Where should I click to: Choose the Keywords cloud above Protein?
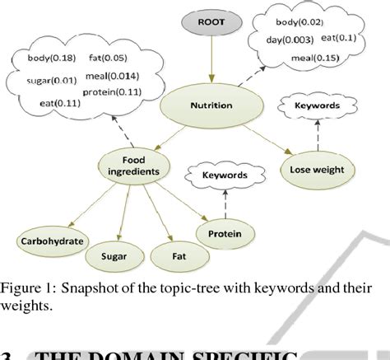(x=225, y=175)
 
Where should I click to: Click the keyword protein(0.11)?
(x=118, y=91)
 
